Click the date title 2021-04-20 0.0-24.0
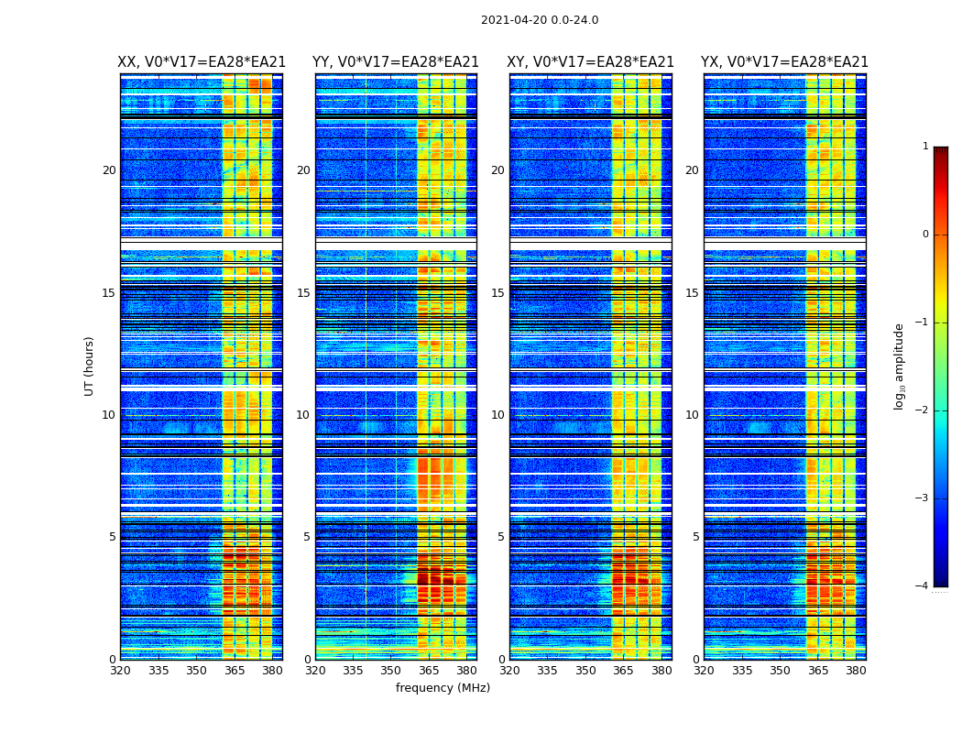(540, 20)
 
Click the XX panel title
(202, 62)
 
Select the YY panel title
(396, 62)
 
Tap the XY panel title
(590, 62)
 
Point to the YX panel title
(784, 62)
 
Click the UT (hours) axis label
(90, 366)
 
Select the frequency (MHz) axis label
(443, 688)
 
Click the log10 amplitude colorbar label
(900, 366)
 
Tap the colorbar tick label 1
(925, 147)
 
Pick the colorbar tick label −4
(923, 586)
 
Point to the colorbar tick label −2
(923, 410)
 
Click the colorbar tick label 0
(925, 235)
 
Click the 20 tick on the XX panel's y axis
(109, 170)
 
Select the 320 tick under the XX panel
(120, 671)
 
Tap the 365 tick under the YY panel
(429, 671)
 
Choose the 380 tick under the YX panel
(856, 671)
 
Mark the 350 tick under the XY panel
(585, 671)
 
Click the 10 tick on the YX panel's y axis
(692, 415)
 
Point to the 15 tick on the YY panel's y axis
(303, 293)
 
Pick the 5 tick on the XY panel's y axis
(501, 537)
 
